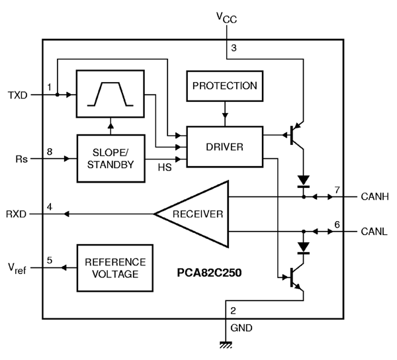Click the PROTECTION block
coord(224,86)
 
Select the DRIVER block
coord(224,146)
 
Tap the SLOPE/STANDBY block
coord(111,158)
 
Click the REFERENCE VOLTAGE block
coord(111,267)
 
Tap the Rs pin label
coord(21,159)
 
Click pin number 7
coord(337,190)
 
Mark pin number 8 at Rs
coord(49,152)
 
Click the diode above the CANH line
coord(304,181)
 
